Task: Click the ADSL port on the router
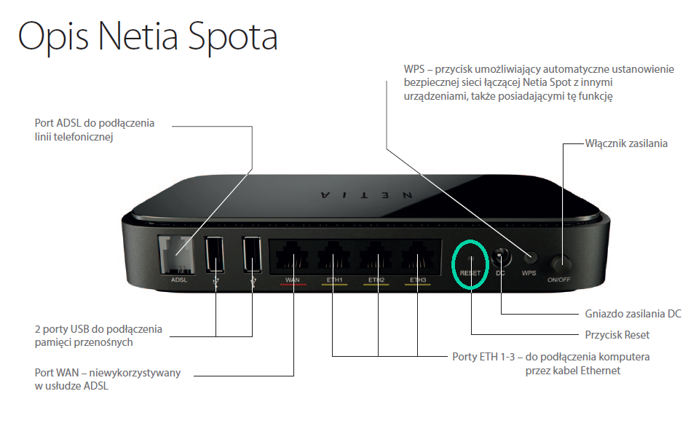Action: (x=177, y=254)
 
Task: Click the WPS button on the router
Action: (x=530, y=257)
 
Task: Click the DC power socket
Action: (x=501, y=256)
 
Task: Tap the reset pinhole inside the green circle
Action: (x=471, y=257)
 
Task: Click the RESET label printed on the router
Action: (x=470, y=273)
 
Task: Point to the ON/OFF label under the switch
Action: (x=559, y=280)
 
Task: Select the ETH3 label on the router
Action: (x=418, y=280)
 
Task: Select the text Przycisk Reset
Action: (x=617, y=335)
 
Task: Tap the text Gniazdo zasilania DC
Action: (x=633, y=314)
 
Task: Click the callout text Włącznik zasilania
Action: (x=626, y=143)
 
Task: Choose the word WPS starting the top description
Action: (x=414, y=69)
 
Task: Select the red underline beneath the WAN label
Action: (x=293, y=285)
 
